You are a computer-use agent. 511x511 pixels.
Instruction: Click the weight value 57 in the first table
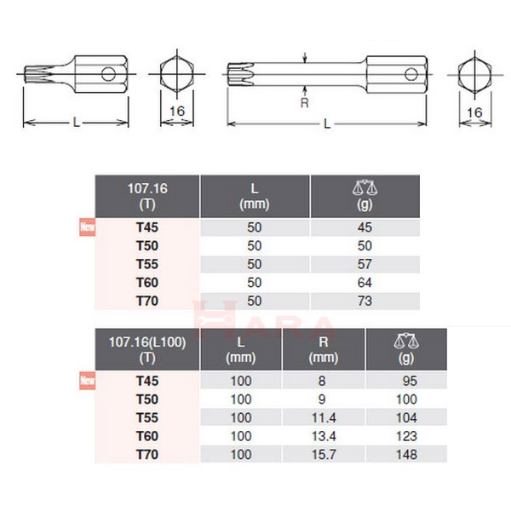pos(365,263)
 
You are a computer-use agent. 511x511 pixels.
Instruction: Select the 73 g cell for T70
pos(365,300)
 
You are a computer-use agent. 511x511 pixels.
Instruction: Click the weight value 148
pos(408,454)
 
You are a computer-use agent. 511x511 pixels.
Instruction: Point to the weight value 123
pos(408,436)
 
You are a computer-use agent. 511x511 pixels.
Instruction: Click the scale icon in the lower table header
pos(406,342)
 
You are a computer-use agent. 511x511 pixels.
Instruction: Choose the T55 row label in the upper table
pos(148,263)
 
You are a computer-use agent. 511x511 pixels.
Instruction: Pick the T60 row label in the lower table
pos(148,436)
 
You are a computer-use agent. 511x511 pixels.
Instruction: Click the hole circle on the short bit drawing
pos(109,74)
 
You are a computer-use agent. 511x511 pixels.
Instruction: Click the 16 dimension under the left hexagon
pos(177,112)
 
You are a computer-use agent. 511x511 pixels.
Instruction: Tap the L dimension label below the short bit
pos(76,123)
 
